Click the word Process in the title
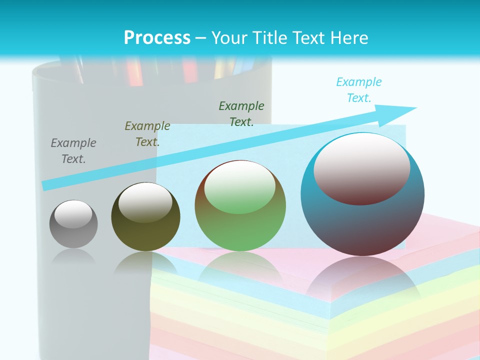click(157, 38)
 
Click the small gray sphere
click(73, 231)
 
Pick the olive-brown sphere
click(145, 235)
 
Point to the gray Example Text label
click(73, 151)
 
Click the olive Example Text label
click(147, 134)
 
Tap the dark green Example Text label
click(241, 113)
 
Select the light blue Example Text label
click(359, 90)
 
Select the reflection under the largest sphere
click(362, 280)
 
